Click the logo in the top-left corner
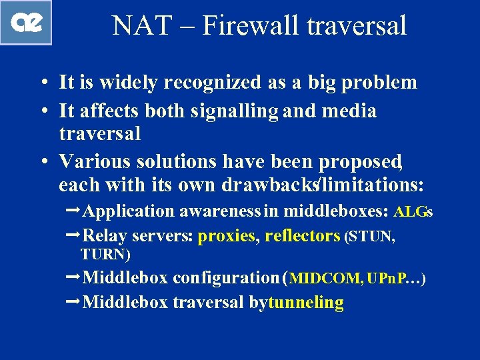tap(26, 23)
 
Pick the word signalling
tap(235, 111)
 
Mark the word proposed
tap(359, 161)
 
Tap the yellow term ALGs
tap(413, 212)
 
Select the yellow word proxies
tap(227, 235)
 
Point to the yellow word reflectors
tap(302, 235)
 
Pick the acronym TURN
tap(104, 254)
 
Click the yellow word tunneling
tap(305, 303)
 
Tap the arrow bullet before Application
tap(75, 211)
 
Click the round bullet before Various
tap(42, 162)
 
